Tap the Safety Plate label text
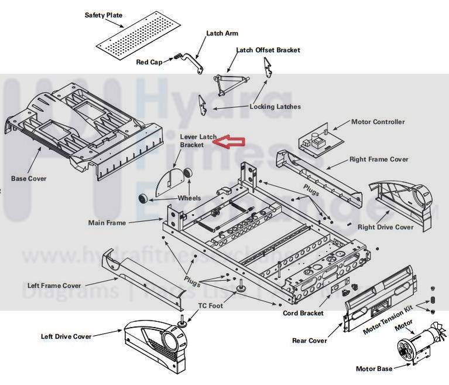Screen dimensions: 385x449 [x=104, y=15]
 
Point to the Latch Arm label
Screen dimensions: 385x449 [x=222, y=33]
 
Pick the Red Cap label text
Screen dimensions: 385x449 [x=149, y=62]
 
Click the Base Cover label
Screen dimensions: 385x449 [x=29, y=178]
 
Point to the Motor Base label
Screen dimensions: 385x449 [x=374, y=369]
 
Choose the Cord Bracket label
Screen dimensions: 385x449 [x=303, y=314]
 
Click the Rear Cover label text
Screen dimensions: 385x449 [x=310, y=340]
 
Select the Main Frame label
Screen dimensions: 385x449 [x=107, y=223]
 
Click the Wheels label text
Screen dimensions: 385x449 [x=189, y=198]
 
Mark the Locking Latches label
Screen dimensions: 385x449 [x=275, y=107]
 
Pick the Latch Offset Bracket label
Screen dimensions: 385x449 [x=268, y=50]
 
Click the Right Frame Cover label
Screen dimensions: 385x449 [x=379, y=159]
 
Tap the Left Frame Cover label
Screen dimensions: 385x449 [x=54, y=286]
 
